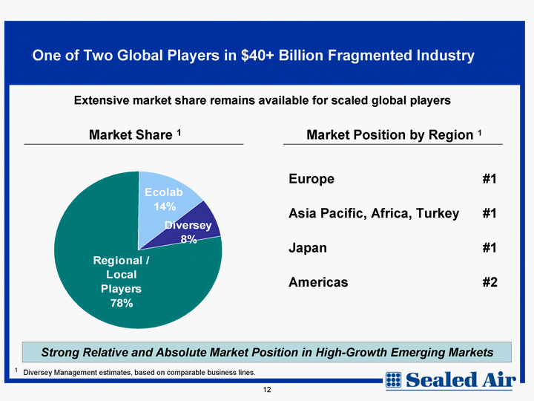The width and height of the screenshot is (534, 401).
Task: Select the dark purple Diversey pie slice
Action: (194, 229)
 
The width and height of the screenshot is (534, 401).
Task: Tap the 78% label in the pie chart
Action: (122, 303)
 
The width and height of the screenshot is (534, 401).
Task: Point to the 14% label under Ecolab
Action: (165, 206)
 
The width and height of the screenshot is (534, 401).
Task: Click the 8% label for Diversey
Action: (188, 239)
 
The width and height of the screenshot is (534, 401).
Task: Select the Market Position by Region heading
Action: (394, 134)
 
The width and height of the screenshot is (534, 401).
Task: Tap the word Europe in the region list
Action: (311, 179)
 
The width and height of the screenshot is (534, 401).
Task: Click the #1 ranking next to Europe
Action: (489, 179)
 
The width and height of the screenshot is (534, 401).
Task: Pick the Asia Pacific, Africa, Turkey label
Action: (374, 213)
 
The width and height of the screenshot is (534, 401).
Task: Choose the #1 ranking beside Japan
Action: (489, 247)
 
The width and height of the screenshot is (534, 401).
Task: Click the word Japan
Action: (308, 248)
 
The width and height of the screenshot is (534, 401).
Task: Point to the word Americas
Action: (318, 282)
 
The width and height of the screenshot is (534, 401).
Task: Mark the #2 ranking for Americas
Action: (489, 282)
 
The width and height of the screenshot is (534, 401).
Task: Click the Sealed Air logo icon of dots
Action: (393, 380)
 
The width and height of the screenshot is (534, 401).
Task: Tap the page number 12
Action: (267, 390)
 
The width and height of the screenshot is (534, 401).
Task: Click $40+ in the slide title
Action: (257, 55)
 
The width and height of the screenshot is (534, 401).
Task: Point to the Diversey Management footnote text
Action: (139, 372)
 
